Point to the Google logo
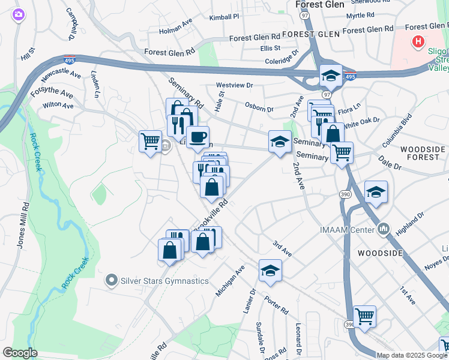(x=20, y=353)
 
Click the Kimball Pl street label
(x=224, y=17)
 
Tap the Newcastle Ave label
(x=61, y=75)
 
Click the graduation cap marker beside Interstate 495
(x=330, y=76)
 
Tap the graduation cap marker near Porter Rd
(x=270, y=271)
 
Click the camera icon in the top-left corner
(x=19, y=14)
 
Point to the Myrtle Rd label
(x=360, y=15)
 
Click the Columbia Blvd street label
(x=398, y=130)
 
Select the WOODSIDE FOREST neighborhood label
(x=423, y=153)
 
